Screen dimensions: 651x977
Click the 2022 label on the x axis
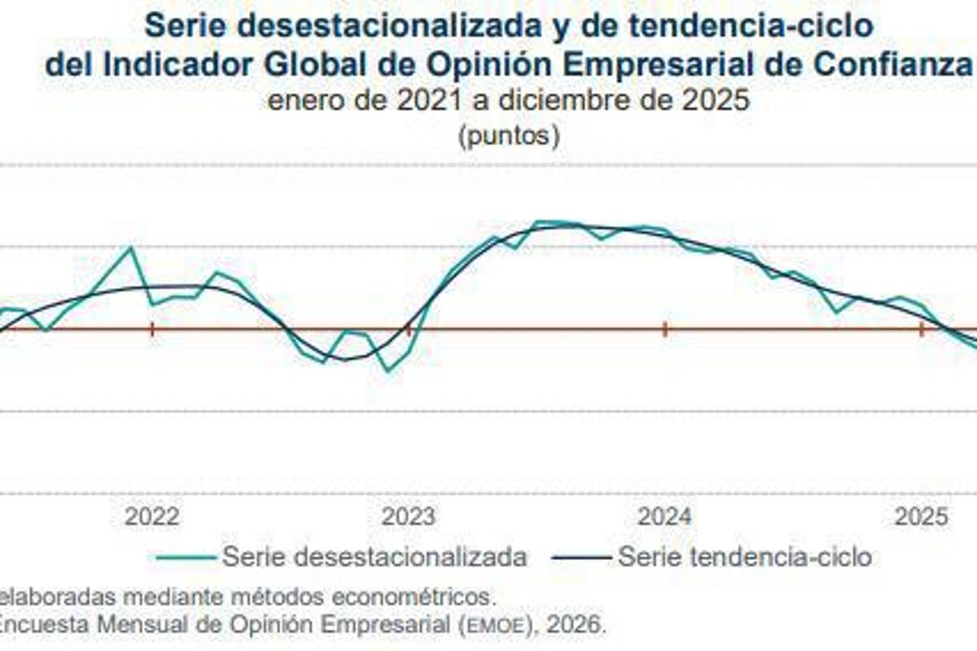[151, 517]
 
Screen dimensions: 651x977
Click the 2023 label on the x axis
[409, 517]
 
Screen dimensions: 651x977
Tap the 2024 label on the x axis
[664, 517]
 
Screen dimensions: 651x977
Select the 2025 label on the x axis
[921, 517]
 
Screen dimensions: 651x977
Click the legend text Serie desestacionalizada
[374, 557]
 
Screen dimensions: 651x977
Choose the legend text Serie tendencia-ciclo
[744, 557]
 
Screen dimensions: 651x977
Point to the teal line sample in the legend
[185, 558]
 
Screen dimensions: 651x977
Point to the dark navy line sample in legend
[581, 558]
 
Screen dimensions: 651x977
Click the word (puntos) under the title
[509, 135]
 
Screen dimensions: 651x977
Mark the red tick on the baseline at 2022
[152, 330]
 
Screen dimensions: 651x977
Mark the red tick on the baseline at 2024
[665, 330]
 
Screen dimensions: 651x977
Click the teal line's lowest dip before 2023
[388, 371]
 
